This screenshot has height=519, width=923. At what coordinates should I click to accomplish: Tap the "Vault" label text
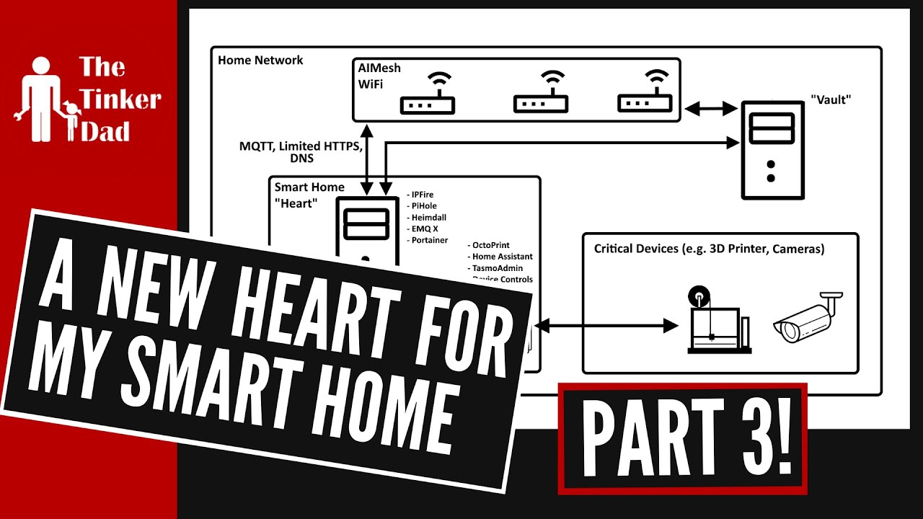(831, 99)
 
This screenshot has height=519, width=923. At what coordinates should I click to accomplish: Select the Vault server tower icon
(771, 149)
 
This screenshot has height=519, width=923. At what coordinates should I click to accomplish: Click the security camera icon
(807, 317)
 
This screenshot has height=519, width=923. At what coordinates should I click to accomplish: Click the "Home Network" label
(260, 61)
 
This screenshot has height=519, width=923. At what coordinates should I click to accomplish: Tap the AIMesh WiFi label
(379, 76)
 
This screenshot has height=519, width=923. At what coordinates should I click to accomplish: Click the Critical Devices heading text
(709, 249)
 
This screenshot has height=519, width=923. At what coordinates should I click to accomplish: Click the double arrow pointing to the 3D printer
(607, 327)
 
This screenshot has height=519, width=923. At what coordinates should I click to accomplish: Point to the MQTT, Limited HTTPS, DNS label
(301, 152)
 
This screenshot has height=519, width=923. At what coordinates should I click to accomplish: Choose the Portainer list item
(429, 240)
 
